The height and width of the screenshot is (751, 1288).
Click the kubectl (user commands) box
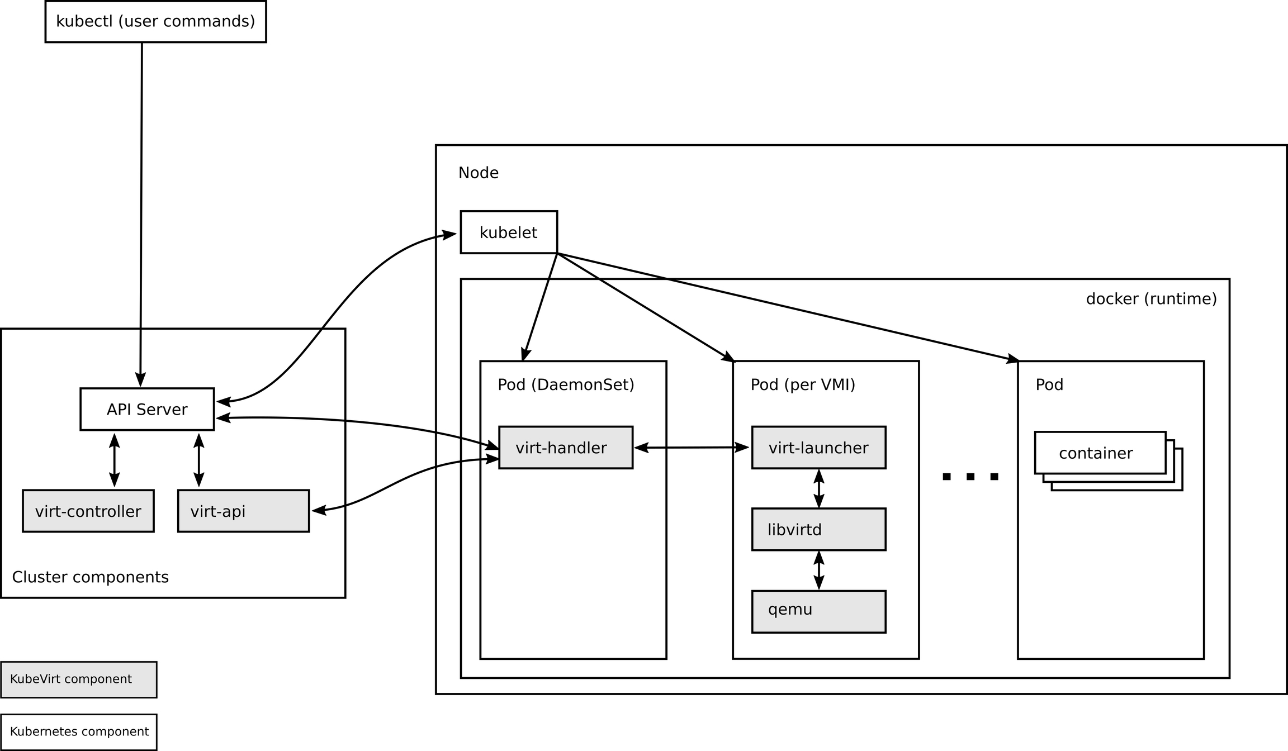tap(155, 21)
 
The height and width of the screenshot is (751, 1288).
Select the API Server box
tap(147, 409)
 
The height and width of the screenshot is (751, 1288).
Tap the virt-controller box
tap(88, 511)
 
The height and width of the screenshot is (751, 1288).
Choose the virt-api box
tap(243, 511)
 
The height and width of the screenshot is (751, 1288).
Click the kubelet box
tap(509, 232)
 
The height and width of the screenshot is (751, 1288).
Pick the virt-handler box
tap(566, 448)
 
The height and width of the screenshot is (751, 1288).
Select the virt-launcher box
tap(818, 448)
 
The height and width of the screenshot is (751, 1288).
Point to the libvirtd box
tap(818, 529)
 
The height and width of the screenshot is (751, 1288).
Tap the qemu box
tap(818, 611)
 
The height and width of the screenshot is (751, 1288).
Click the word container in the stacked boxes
tap(1096, 453)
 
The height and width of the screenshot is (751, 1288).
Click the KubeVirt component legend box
tap(78, 679)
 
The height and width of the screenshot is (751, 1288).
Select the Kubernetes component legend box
tap(78, 732)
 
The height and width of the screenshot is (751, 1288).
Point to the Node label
tap(479, 173)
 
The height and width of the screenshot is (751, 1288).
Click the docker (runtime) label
tap(1151, 299)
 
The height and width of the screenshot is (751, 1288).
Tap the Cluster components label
tap(90, 577)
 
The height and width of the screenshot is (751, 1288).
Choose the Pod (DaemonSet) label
tap(566, 385)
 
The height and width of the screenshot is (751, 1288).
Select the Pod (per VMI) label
tap(803, 385)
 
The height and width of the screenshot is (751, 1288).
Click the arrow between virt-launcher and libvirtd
tap(819, 488)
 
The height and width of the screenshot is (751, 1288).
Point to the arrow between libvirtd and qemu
tap(819, 570)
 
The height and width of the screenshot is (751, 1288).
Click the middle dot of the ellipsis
tap(970, 477)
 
